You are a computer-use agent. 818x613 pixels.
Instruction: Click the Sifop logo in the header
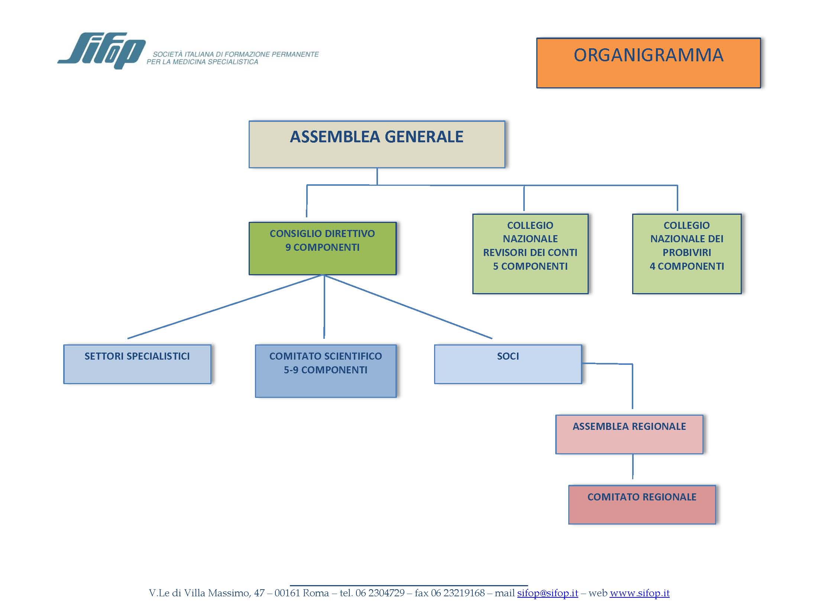point(101,51)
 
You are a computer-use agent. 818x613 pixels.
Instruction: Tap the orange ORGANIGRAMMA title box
point(649,63)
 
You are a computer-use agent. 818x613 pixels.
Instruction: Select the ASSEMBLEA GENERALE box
point(377,144)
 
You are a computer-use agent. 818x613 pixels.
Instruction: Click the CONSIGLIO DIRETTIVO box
point(323,248)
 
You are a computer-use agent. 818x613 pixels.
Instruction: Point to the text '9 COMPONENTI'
point(323,247)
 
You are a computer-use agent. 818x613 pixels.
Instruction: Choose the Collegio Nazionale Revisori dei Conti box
point(530,254)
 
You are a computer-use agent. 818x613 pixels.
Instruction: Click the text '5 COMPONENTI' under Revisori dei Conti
point(530,266)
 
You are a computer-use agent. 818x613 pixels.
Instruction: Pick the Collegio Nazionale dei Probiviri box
point(687,254)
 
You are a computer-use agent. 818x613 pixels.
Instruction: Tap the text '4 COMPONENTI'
point(687,266)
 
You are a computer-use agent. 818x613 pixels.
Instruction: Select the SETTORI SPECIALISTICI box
point(137,364)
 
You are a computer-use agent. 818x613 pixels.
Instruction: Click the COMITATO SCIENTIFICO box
point(326,371)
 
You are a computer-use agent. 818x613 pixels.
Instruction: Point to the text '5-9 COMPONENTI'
point(326,370)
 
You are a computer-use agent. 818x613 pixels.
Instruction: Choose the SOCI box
point(508,364)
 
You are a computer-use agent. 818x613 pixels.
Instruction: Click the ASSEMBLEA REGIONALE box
point(629,434)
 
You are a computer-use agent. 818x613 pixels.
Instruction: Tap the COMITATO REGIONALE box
point(642,505)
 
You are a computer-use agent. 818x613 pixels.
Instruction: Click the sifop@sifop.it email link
point(547,593)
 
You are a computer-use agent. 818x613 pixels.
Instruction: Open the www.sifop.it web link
point(640,593)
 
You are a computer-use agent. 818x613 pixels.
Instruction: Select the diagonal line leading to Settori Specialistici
point(225,306)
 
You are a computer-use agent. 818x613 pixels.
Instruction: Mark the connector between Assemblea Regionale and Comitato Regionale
point(633,466)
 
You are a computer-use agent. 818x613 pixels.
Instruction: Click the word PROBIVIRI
point(687,253)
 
